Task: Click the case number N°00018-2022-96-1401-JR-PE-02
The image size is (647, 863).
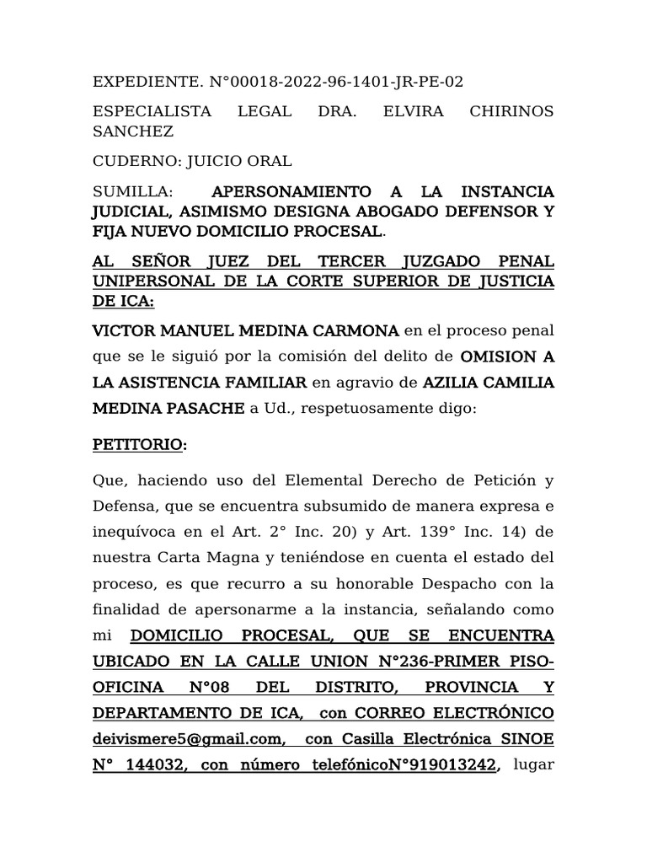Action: [x=337, y=82]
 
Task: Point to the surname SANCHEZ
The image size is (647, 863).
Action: [x=133, y=131]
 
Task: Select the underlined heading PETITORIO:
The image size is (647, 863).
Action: [x=140, y=446]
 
